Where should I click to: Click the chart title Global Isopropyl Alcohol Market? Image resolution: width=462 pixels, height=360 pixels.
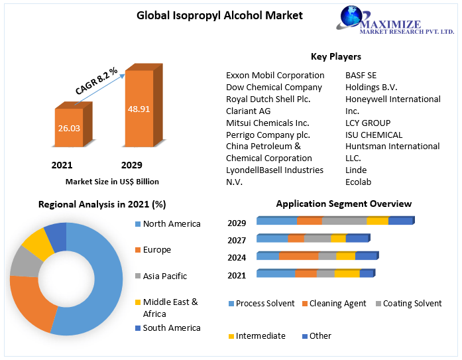(x=210, y=15)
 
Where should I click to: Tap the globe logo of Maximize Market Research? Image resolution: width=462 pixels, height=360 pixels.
(x=354, y=20)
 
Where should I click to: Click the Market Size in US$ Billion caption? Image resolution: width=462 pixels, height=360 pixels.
(x=112, y=181)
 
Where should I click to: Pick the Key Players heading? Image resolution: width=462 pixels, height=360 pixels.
(x=336, y=56)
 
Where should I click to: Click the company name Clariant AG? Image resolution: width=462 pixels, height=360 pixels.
(x=248, y=111)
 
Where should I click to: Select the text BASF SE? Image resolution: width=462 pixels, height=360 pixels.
(x=361, y=75)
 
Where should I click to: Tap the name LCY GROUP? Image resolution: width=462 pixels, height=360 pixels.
(x=368, y=123)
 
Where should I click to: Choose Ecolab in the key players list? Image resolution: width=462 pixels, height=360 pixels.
(x=359, y=182)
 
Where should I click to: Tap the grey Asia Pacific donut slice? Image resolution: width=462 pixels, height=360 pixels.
(x=23, y=262)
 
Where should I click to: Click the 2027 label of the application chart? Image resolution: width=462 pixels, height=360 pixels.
(x=237, y=240)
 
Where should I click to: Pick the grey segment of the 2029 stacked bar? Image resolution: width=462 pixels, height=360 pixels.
(x=343, y=221)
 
